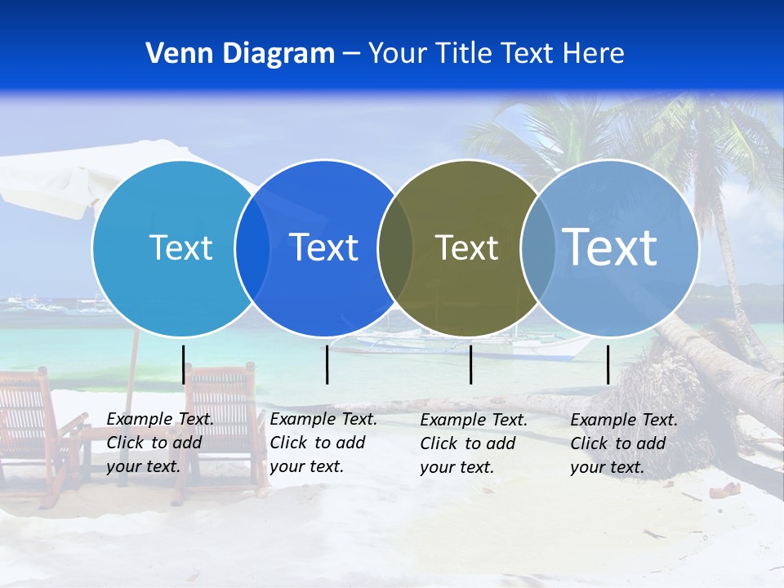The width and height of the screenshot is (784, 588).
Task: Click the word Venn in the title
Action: tap(174, 53)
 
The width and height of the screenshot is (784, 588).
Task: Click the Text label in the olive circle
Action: tap(466, 247)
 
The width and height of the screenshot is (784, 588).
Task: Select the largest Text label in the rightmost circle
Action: tap(610, 247)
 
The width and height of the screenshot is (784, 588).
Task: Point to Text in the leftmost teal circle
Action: tap(180, 247)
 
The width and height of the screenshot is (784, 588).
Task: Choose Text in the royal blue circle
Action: tap(323, 247)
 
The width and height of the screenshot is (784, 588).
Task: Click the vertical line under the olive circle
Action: tap(471, 364)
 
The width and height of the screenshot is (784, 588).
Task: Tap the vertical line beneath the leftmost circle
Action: tap(183, 364)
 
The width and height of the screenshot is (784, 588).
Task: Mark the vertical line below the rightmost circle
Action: tap(608, 364)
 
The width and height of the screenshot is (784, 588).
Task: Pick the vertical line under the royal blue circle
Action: tap(327, 364)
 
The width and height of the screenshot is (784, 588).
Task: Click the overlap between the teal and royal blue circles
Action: tap(252, 248)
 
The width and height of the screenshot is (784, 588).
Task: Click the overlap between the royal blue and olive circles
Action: tap(395, 248)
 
